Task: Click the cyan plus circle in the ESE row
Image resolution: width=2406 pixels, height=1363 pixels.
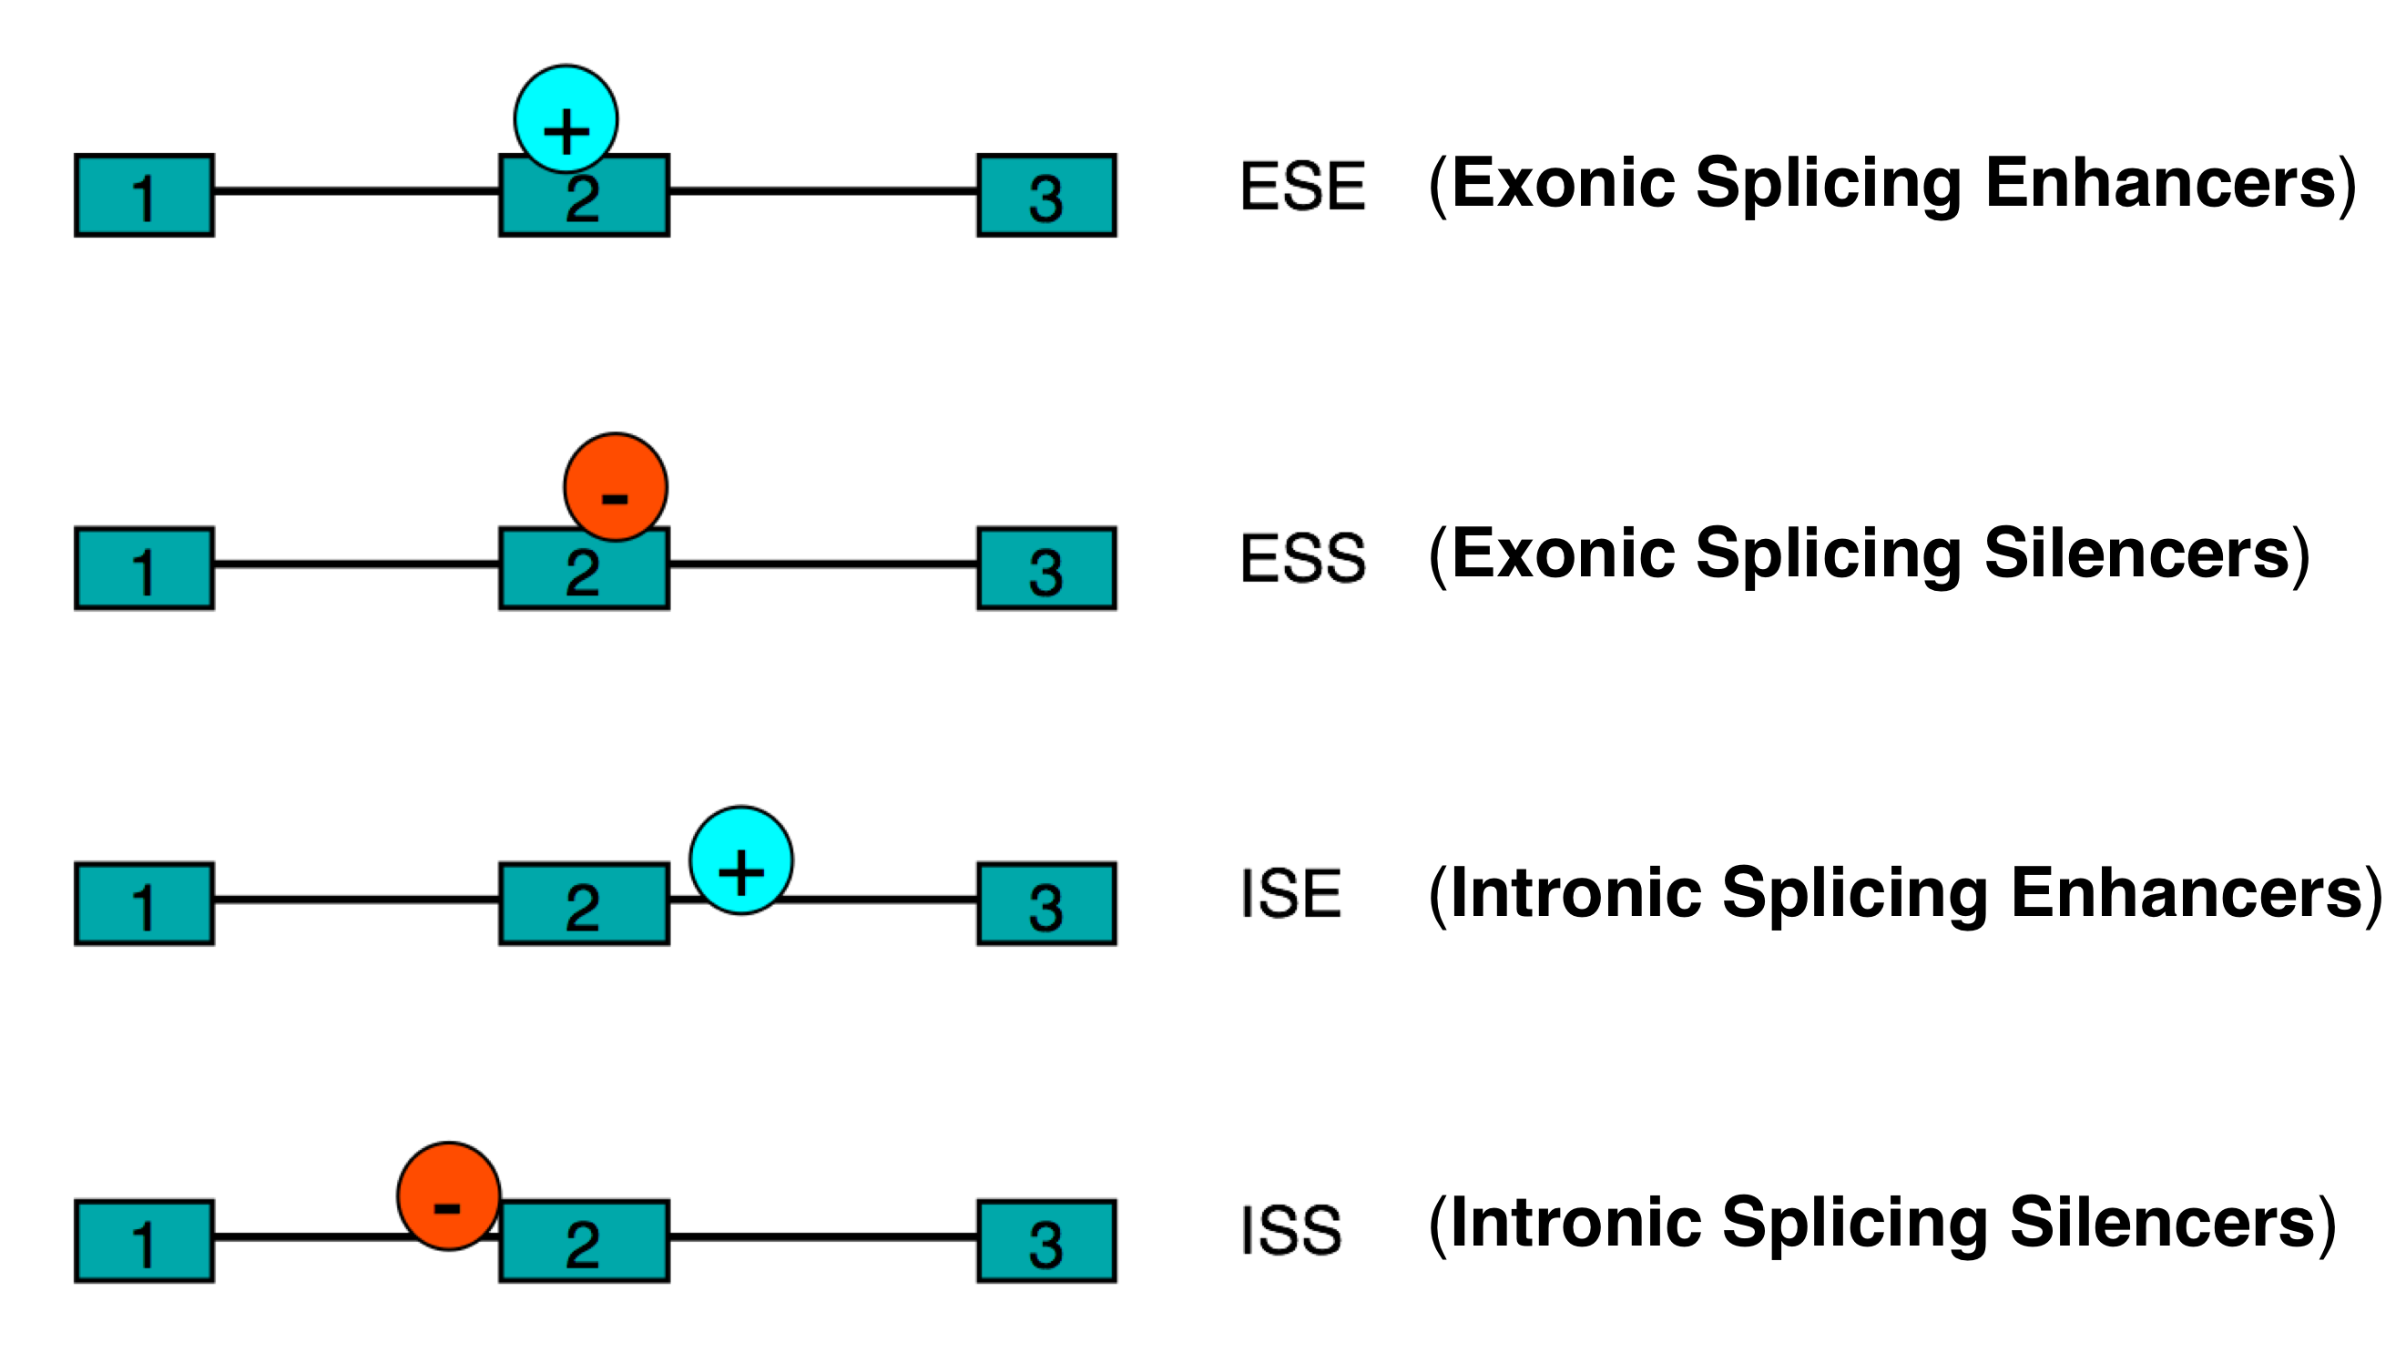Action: [x=566, y=119]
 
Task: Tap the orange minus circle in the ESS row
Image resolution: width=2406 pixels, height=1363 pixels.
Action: [x=615, y=487]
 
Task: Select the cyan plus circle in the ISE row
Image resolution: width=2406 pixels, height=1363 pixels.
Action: [x=740, y=860]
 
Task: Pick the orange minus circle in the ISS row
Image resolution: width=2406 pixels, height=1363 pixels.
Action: [x=448, y=1195]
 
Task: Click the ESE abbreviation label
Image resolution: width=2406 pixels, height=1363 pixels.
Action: [x=1302, y=186]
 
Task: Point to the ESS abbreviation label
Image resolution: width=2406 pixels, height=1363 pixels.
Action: [x=1302, y=558]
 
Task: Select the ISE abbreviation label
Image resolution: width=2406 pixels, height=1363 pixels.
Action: [x=1290, y=893]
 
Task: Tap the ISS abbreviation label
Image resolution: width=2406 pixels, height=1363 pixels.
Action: [x=1290, y=1229]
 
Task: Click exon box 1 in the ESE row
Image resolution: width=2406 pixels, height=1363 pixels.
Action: [x=144, y=196]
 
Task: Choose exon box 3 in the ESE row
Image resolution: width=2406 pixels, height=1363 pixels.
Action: [x=1046, y=196]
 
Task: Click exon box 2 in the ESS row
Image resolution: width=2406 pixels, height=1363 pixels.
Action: [x=584, y=573]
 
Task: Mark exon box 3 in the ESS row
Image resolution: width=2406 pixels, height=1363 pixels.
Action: [x=1046, y=569]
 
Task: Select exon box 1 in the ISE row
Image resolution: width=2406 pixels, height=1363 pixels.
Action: [x=144, y=904]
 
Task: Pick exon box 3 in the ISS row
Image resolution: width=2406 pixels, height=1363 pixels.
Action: [x=1046, y=1241]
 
